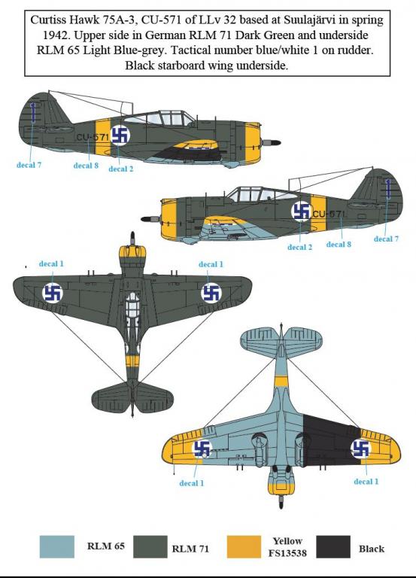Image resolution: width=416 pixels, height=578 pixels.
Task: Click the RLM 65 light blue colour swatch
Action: (x=56, y=546)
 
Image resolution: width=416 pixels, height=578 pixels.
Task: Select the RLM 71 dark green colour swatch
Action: (x=150, y=546)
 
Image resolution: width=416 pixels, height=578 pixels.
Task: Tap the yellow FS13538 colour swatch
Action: (x=244, y=546)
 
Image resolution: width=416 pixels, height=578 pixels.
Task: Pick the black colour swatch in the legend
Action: (x=333, y=546)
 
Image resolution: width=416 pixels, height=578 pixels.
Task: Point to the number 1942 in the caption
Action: (x=55, y=36)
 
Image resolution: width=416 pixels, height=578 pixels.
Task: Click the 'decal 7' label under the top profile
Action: (x=29, y=165)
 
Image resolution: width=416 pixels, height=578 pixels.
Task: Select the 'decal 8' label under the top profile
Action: (x=86, y=166)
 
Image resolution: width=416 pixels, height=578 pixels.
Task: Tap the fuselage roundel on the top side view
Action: (x=120, y=135)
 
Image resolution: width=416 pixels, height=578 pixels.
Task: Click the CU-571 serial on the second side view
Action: (x=329, y=214)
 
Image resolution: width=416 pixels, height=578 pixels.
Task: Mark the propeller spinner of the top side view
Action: (x=271, y=142)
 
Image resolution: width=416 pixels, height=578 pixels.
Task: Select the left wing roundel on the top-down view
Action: (x=53, y=294)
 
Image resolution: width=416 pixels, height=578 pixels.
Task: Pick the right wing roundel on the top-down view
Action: (x=211, y=293)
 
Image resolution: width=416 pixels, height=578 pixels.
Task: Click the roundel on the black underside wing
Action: (x=360, y=449)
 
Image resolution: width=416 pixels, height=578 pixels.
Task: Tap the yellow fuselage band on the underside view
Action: (x=281, y=382)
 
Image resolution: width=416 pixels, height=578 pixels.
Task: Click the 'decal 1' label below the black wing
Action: (x=366, y=482)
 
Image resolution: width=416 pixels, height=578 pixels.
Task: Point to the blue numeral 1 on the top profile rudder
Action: (x=33, y=111)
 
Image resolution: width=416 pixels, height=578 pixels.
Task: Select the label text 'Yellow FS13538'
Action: (x=287, y=546)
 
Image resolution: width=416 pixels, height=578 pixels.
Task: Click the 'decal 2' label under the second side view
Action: (x=299, y=247)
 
